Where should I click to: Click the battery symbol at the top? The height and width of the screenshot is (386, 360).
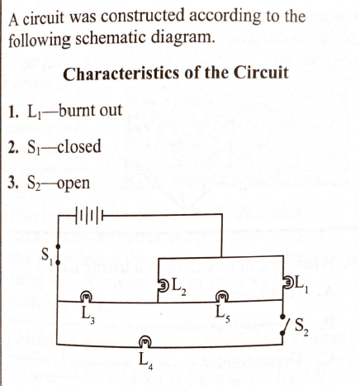click(x=88, y=215)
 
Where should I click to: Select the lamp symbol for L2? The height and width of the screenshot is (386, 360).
click(x=163, y=284)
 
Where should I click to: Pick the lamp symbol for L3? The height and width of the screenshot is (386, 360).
click(x=86, y=297)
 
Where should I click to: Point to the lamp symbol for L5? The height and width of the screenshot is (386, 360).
click(x=222, y=297)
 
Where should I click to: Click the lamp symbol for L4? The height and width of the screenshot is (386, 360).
click(x=145, y=341)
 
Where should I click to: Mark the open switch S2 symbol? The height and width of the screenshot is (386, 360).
click(x=284, y=325)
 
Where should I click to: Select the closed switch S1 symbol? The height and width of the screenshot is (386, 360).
click(x=58, y=255)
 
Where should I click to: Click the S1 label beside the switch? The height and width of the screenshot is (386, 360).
click(x=47, y=255)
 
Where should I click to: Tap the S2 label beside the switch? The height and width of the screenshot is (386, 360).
click(x=301, y=326)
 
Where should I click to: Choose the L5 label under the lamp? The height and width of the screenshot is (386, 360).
click(x=222, y=314)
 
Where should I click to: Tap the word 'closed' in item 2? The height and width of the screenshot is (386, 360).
click(x=79, y=146)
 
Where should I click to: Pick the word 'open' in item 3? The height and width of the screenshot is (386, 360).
click(x=73, y=183)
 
